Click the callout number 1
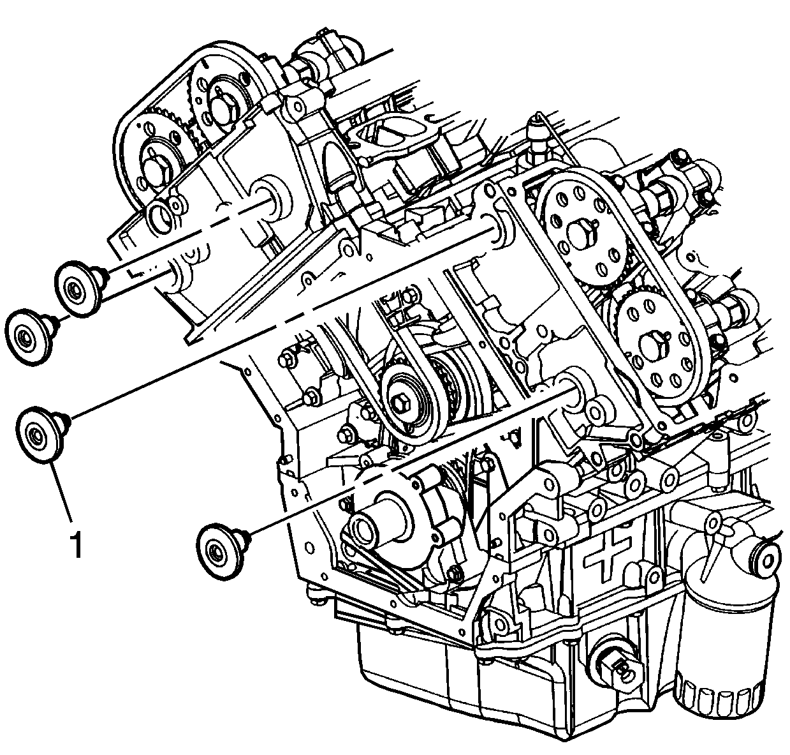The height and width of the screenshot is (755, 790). pos(76,546)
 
